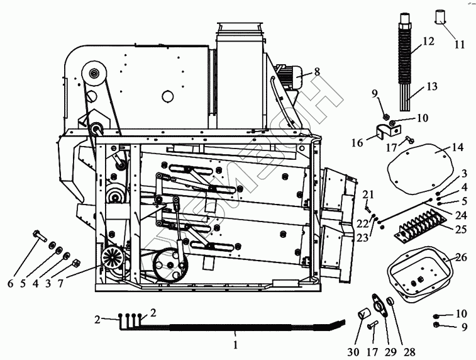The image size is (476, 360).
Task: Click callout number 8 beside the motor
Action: tap(317, 71)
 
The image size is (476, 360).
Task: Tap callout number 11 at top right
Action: tap(460, 45)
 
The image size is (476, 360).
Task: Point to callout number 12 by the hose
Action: tap(428, 41)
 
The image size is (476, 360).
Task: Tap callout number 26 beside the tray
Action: tap(461, 257)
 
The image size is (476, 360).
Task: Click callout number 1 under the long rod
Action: tap(236, 345)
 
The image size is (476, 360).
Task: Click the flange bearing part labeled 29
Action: tap(380, 307)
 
